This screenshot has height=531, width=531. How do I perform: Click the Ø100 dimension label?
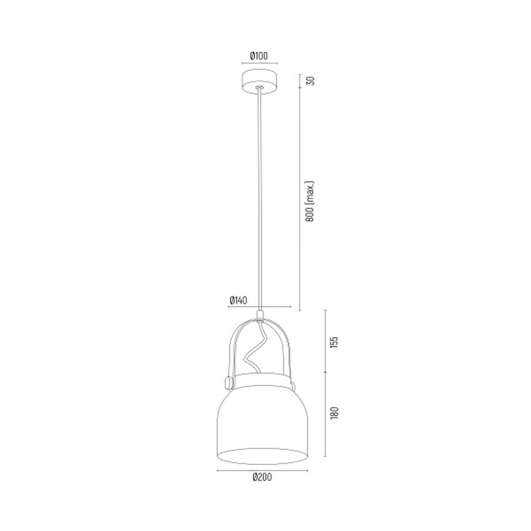(259, 56)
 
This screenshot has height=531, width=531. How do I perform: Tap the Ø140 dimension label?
(238, 300)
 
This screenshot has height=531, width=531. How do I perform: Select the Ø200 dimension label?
(262, 477)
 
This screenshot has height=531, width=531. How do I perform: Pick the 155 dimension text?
(334, 342)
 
